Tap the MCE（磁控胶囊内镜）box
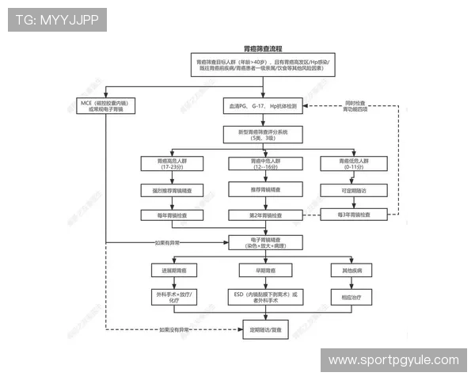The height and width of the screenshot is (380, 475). [104, 106]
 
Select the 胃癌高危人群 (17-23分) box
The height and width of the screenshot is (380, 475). [171, 164]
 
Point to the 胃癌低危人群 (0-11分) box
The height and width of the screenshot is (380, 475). [353, 164]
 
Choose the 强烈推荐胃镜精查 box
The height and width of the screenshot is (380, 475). [171, 191]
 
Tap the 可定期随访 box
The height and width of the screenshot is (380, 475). [353, 191]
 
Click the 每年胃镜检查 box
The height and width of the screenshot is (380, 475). [171, 215]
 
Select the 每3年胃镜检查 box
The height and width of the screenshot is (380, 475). [353, 215]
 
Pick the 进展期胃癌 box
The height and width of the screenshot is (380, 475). [171, 271]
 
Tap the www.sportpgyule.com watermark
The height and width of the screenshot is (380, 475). [393, 360]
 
